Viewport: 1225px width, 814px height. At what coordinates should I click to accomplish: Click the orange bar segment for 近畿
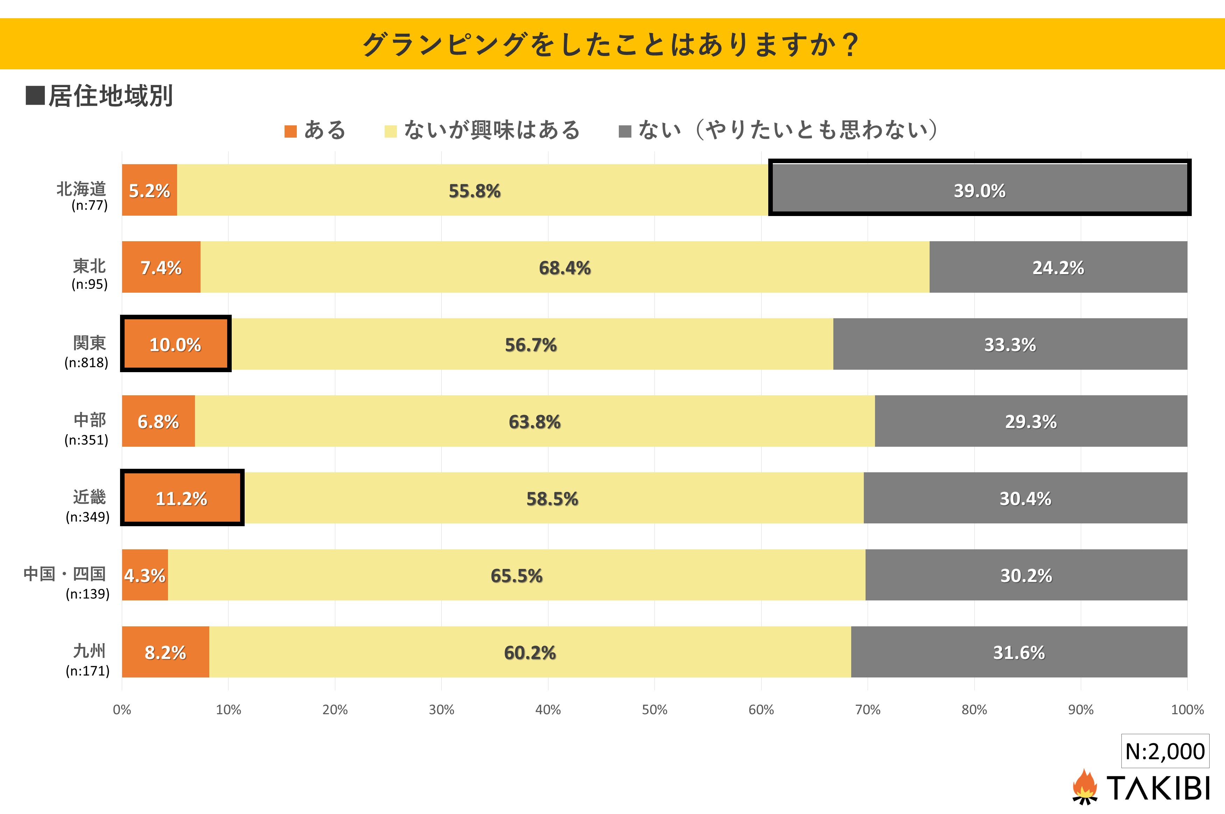(x=182, y=498)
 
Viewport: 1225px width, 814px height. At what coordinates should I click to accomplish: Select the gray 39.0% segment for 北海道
(x=979, y=190)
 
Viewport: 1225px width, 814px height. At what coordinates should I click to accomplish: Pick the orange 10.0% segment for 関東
(x=175, y=344)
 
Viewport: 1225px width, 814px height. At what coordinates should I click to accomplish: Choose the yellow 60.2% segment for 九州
(x=530, y=652)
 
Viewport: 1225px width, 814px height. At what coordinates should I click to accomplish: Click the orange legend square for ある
(x=290, y=131)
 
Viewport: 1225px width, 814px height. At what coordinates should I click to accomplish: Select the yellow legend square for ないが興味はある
(x=390, y=131)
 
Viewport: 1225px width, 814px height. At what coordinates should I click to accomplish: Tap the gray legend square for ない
(x=625, y=131)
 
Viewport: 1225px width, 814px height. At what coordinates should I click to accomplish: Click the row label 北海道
(x=82, y=188)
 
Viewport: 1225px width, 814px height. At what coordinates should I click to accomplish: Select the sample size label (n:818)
(x=86, y=362)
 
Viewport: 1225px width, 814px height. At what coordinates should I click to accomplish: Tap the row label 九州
(x=89, y=650)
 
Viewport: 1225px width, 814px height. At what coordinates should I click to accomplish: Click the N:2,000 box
(x=1165, y=751)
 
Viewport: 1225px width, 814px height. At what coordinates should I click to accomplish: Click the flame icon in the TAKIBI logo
(x=1084, y=786)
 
